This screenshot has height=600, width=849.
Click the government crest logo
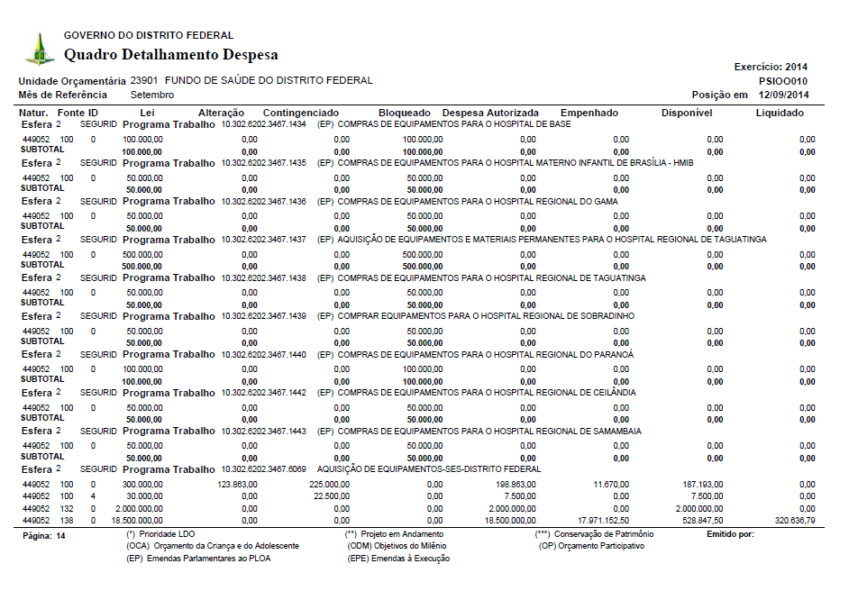39,50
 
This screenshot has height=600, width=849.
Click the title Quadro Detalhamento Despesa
170,55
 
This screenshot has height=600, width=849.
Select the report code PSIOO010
783,80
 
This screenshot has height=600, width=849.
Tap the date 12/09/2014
783,95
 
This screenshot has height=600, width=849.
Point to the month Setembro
152,95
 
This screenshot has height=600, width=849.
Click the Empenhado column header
589,113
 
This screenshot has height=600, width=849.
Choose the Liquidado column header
780,113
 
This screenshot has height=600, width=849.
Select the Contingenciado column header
300,113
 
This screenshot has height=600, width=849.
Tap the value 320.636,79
795,521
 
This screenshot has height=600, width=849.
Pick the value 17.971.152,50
598,521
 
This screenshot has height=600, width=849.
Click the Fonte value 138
66,521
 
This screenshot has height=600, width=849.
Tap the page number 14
60,535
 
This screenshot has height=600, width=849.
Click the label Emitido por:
731,534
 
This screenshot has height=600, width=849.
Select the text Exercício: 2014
771,67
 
